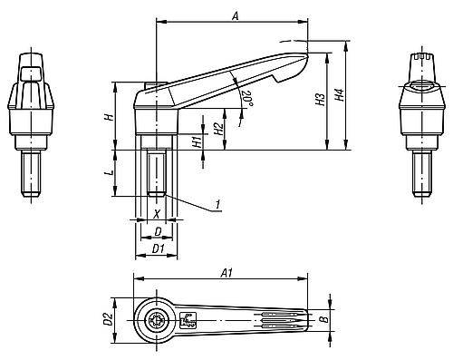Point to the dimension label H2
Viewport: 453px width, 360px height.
[x=218, y=128]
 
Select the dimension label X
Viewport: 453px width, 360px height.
[x=157, y=215]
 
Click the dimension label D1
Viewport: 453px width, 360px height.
[x=157, y=247]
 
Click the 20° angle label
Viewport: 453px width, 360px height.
[x=246, y=95]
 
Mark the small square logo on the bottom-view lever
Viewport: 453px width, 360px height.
[x=189, y=319]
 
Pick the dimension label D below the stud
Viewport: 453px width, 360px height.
[x=157, y=232]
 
